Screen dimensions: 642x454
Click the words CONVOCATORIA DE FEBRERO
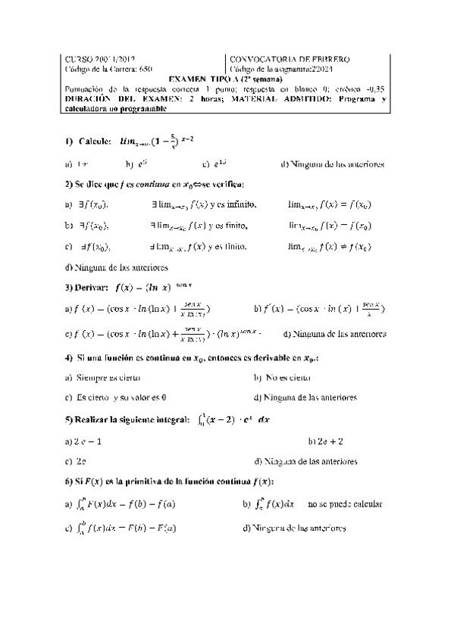(290, 59)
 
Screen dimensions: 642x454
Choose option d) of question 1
(332, 164)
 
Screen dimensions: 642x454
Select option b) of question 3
(319, 309)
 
